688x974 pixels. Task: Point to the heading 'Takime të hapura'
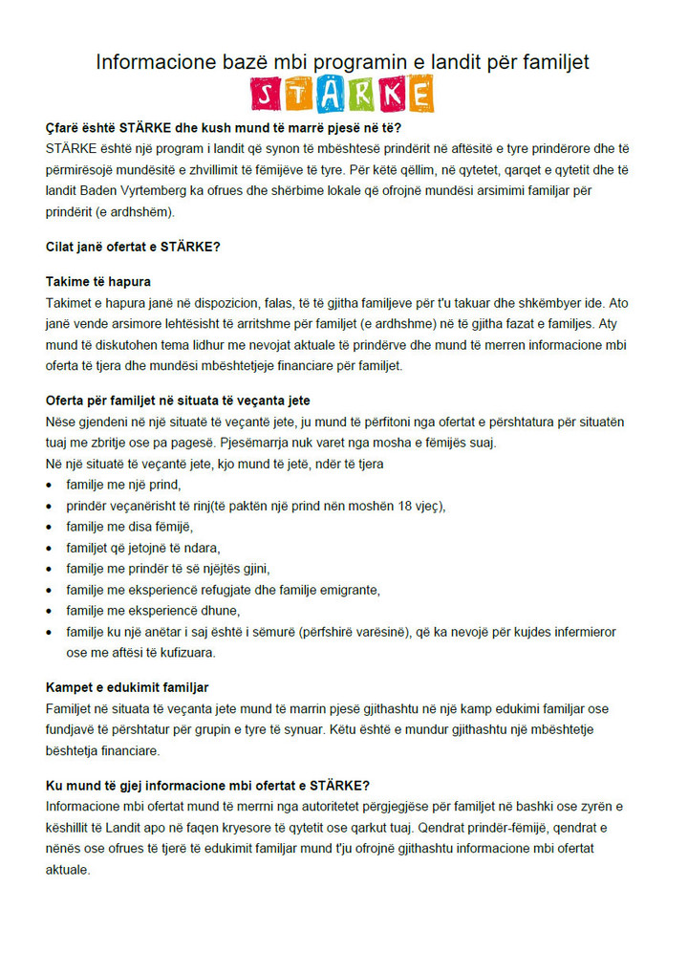point(98,282)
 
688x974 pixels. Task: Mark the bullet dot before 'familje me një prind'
point(50,486)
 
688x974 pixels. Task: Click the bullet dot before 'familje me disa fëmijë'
point(50,528)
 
